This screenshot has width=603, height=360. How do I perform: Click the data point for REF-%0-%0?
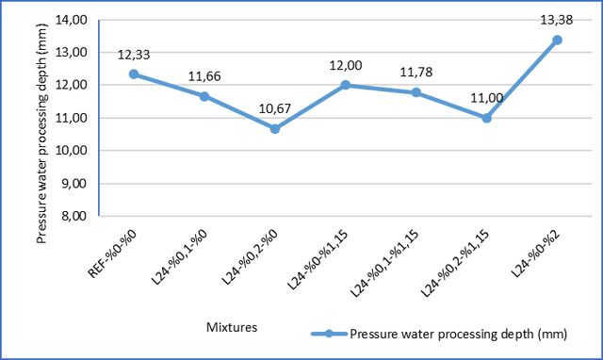click(134, 74)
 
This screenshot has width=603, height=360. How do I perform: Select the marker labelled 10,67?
click(275, 129)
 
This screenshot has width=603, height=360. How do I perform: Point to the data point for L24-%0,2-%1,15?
click(486, 118)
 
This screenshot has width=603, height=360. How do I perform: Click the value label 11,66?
click(204, 76)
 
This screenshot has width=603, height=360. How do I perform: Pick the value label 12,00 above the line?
click(346, 65)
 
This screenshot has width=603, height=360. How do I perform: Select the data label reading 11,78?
click(416, 72)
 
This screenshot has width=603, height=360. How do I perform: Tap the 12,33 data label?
click(134, 55)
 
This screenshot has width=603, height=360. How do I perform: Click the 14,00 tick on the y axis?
click(72, 20)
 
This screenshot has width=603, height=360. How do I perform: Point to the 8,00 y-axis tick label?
click(73, 216)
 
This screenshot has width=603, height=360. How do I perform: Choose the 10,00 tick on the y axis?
click(72, 151)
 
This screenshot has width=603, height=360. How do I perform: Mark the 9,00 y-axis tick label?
click(73, 183)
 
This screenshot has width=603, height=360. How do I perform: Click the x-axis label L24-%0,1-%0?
click(180, 257)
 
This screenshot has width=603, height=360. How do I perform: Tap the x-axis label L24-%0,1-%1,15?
click(384, 264)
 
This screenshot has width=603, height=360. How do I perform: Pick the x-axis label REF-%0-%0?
click(112, 254)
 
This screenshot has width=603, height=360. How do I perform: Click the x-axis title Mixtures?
click(232, 327)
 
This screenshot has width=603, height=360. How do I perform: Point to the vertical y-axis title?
click(41, 134)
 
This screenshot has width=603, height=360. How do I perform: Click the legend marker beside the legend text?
click(329, 334)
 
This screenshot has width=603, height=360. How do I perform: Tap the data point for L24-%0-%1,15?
click(346, 85)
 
